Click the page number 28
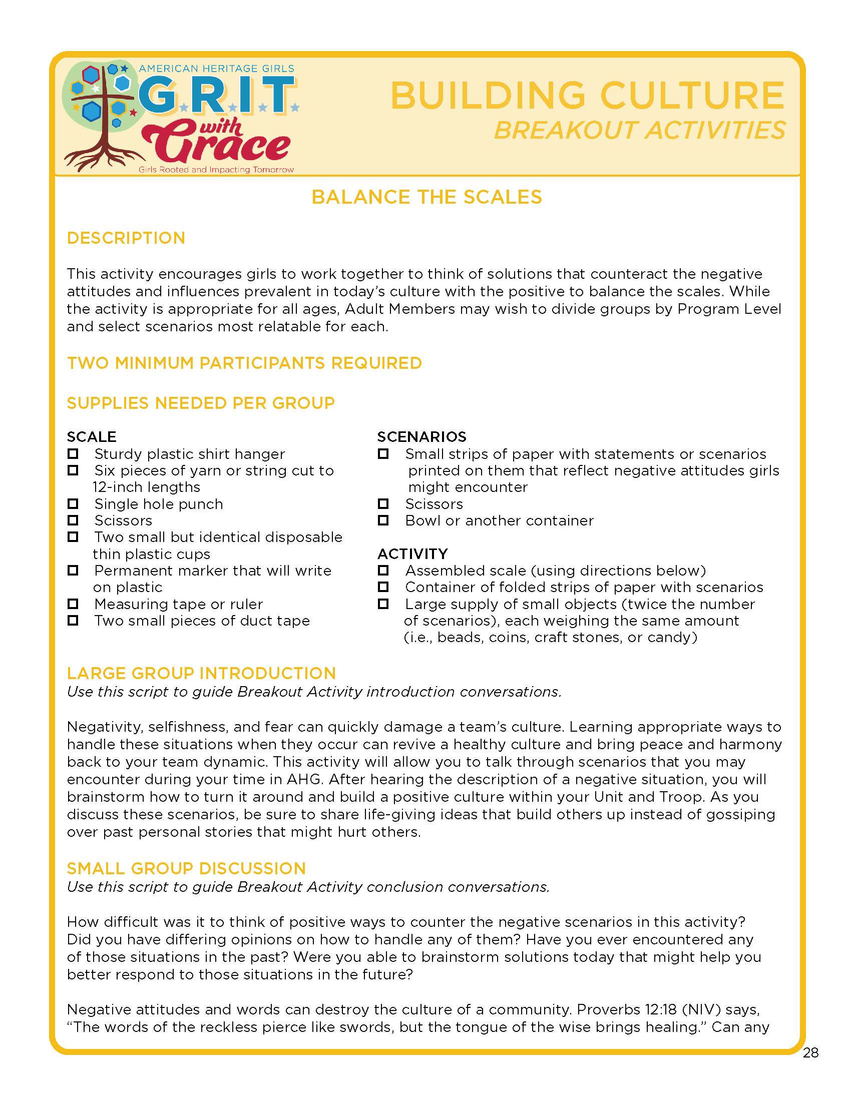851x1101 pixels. pyautogui.click(x=810, y=1052)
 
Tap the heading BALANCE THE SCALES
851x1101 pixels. pyautogui.click(x=427, y=197)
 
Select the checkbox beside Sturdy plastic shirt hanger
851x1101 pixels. pyautogui.click(x=73, y=454)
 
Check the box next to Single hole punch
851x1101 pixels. pyautogui.click(x=73, y=503)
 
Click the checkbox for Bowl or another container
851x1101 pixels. pyautogui.click(x=383, y=520)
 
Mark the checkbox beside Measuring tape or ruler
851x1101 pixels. pyautogui.click(x=73, y=604)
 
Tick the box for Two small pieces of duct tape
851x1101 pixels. pyautogui.click(x=73, y=620)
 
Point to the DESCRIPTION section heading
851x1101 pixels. pyautogui.click(x=126, y=238)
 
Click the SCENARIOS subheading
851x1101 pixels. pyautogui.click(x=421, y=436)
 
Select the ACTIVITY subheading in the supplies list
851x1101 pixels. pyautogui.click(x=412, y=554)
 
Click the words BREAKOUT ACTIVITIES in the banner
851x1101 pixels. pyautogui.click(x=639, y=131)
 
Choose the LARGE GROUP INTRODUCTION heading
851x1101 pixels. pyautogui.click(x=201, y=673)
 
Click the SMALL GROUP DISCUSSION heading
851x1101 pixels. pyautogui.click(x=187, y=868)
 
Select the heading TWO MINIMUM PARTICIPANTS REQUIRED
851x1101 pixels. pyautogui.click(x=244, y=363)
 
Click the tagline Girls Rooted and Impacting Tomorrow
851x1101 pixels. pyautogui.click(x=216, y=170)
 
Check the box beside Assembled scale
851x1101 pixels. pyautogui.click(x=383, y=570)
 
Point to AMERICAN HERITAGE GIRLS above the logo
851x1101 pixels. pyautogui.click(x=216, y=69)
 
